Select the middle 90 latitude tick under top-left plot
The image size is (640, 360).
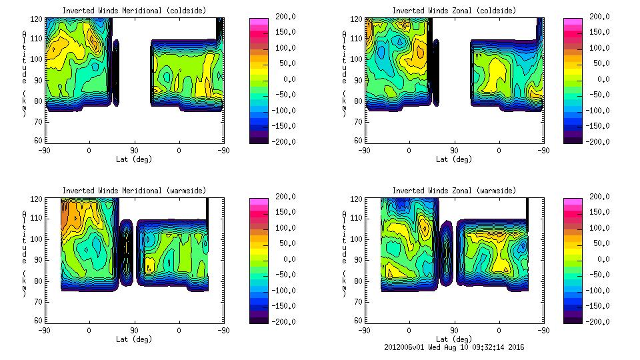(134, 150)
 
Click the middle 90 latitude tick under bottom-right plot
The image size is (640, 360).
(454, 330)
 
